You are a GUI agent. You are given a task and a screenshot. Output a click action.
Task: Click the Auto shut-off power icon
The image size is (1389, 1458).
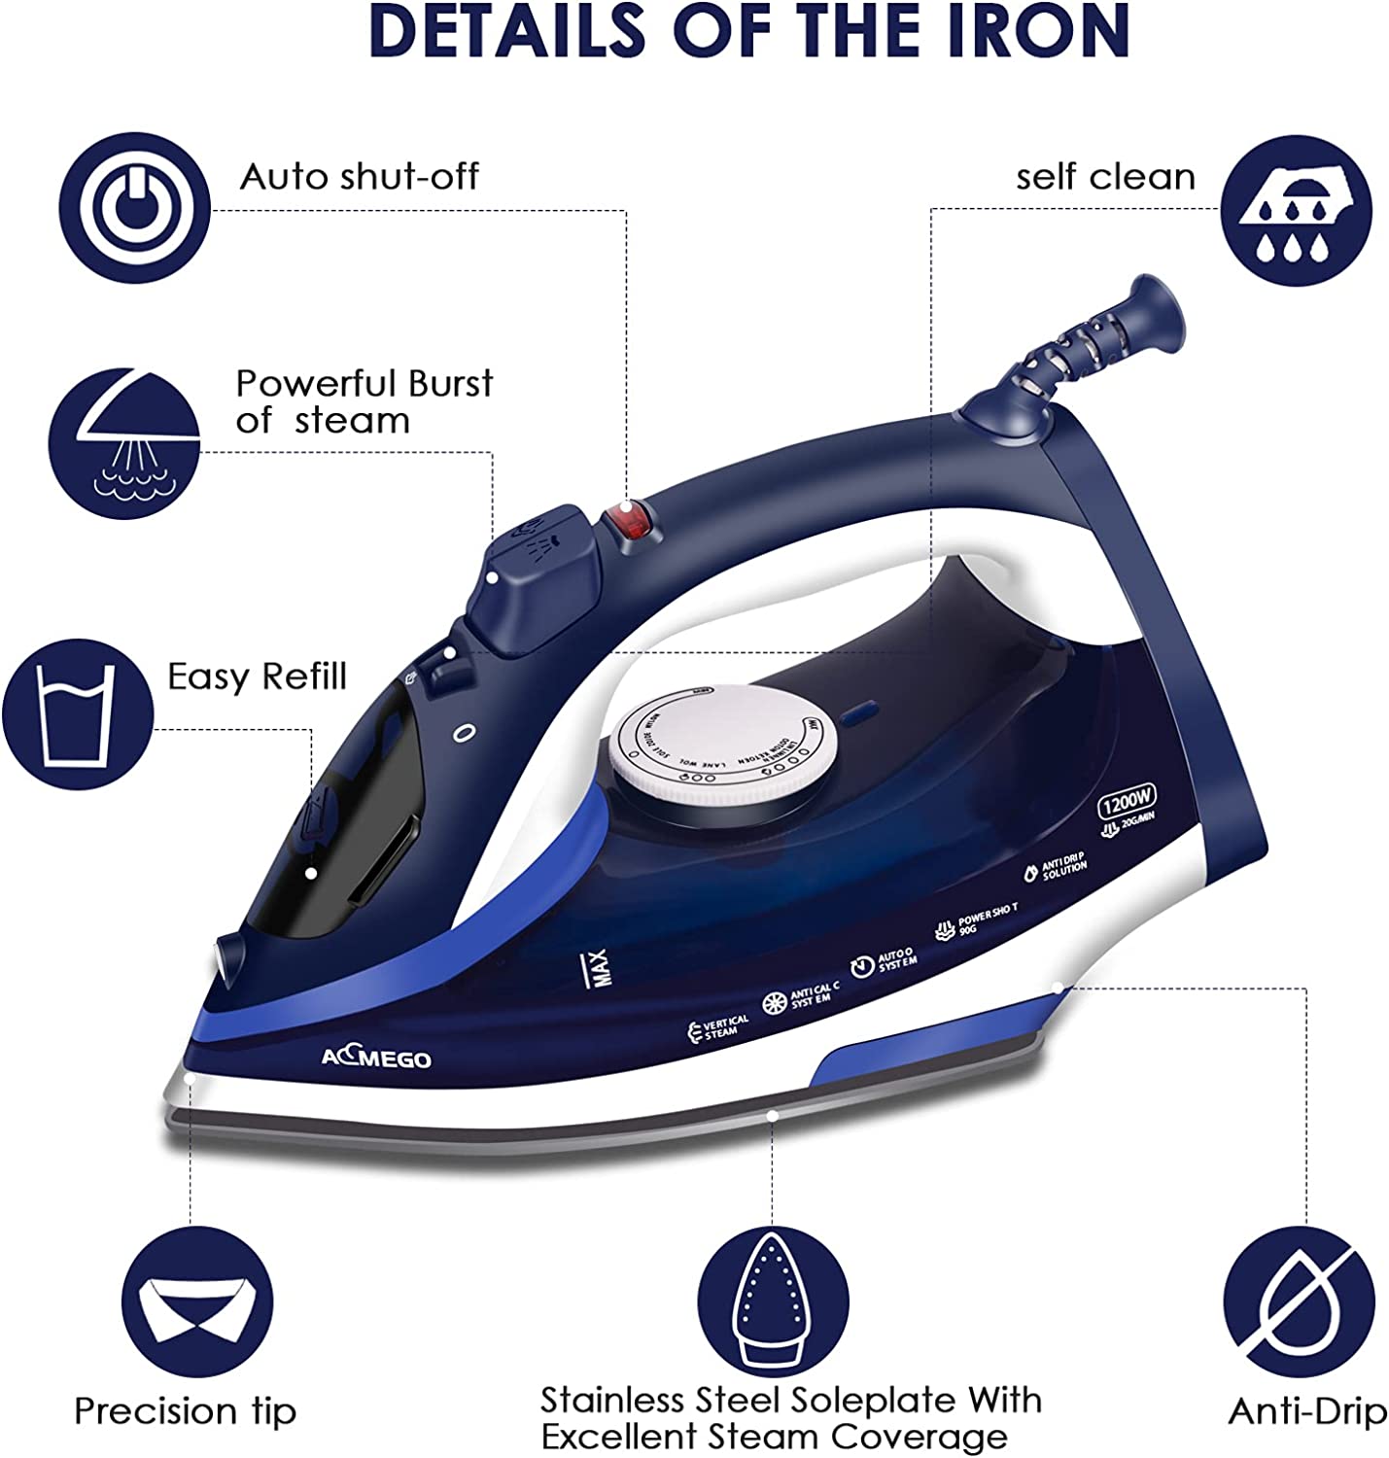[x=134, y=208]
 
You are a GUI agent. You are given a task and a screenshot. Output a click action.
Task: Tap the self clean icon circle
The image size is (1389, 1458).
[x=1296, y=210]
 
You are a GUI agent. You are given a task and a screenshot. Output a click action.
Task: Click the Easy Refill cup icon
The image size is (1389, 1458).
[x=77, y=712]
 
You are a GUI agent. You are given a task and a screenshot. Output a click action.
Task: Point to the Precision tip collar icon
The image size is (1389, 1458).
[x=197, y=1302]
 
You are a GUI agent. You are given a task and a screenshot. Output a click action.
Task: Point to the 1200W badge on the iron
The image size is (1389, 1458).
[x=1128, y=804]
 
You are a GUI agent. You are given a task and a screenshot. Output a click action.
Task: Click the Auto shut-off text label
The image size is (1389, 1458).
[x=360, y=177]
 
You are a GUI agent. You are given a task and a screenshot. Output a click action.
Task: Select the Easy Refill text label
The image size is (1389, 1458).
[x=257, y=677]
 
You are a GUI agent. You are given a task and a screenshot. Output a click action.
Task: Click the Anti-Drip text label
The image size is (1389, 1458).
[x=1306, y=1411]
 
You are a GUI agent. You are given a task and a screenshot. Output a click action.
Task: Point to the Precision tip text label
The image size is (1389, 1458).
[x=185, y=1411]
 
